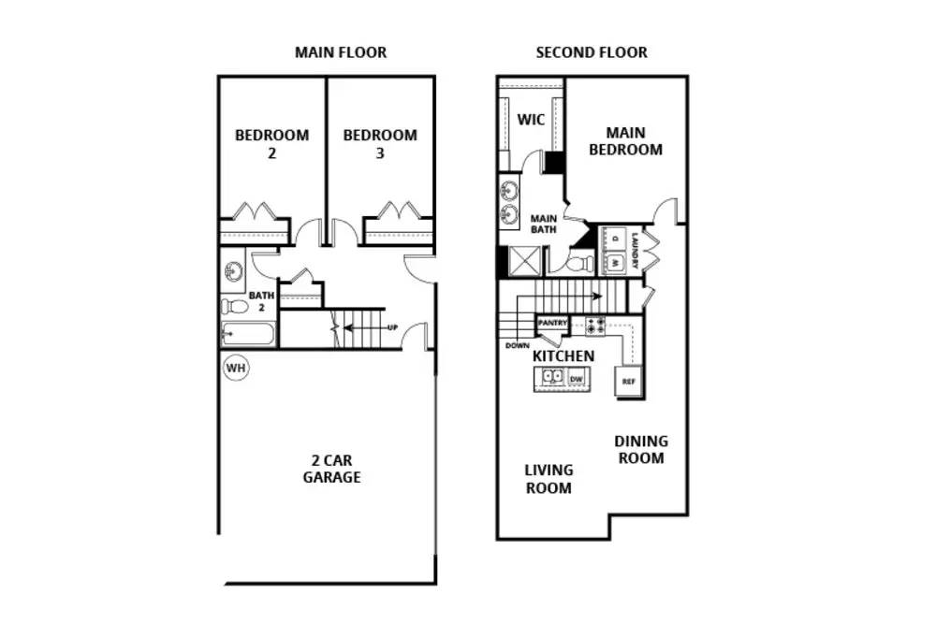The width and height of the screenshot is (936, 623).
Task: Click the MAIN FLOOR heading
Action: (341, 52)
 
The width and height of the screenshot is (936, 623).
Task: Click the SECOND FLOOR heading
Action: (592, 52)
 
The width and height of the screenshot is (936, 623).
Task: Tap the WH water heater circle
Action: (236, 368)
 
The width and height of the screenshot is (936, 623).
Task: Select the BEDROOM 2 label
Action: (272, 144)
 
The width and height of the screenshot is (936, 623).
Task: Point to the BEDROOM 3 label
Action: (380, 144)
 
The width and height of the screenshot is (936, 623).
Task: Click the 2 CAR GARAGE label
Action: (332, 469)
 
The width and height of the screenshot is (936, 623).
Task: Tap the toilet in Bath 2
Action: (235, 307)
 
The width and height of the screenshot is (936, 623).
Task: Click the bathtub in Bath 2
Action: (248, 334)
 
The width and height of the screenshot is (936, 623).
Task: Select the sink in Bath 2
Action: (233, 272)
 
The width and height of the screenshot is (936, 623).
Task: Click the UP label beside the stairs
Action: (393, 327)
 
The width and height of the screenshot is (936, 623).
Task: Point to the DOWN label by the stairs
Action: (517, 345)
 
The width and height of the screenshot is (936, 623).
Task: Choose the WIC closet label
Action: (531, 120)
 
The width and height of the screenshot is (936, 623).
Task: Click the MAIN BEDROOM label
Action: (625, 141)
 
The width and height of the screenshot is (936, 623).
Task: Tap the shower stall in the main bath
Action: (524, 261)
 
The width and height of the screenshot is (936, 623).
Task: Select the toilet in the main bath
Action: (579, 263)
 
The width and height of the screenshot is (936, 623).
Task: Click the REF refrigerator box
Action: (629, 382)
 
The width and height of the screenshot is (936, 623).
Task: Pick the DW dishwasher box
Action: (576, 379)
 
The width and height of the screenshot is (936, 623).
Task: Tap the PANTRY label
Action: (552, 323)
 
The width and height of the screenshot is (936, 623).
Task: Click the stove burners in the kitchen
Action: (595, 326)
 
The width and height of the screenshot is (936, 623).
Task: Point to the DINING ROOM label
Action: (641, 449)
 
